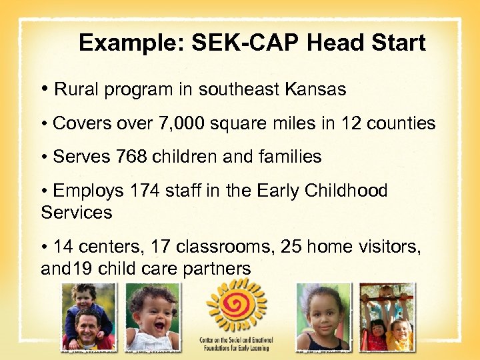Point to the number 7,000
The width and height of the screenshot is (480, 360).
click(x=179, y=123)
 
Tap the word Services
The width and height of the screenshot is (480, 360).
click(x=76, y=213)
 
